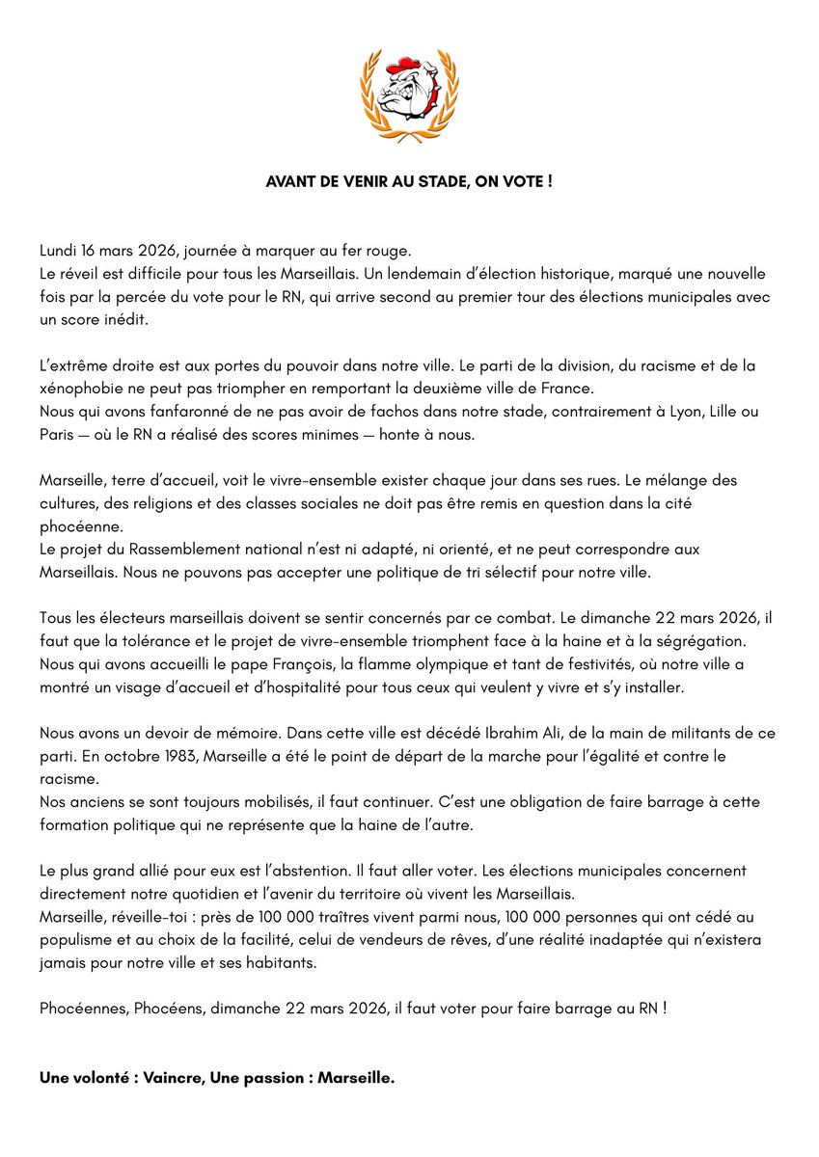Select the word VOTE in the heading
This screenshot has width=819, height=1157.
525,181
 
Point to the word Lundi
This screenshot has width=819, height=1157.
60,251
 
